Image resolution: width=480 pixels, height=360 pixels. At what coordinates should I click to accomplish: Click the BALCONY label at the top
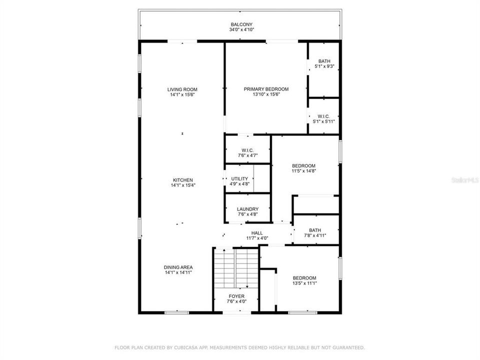click(241, 24)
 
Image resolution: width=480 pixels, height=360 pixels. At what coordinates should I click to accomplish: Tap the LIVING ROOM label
click(182, 89)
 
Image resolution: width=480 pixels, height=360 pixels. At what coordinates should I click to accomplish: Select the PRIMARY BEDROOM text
click(266, 89)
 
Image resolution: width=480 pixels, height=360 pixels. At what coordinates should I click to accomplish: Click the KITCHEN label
click(182, 180)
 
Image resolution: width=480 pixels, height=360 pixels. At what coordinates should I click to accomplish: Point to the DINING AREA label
click(178, 267)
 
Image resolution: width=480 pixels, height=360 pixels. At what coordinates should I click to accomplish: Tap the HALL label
click(257, 233)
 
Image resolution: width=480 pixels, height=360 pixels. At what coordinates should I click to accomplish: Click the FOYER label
click(237, 296)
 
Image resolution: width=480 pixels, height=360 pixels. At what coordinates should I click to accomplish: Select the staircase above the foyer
click(236, 267)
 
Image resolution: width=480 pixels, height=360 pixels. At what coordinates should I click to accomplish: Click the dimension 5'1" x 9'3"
click(324, 66)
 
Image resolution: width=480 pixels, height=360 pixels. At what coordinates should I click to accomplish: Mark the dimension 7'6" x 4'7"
click(247, 155)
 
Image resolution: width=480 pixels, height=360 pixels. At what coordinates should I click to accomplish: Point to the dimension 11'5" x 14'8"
click(304, 171)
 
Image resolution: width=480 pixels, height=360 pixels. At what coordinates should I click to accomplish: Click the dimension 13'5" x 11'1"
click(304, 283)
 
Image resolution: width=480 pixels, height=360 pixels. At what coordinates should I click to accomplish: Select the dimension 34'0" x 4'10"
click(241, 30)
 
